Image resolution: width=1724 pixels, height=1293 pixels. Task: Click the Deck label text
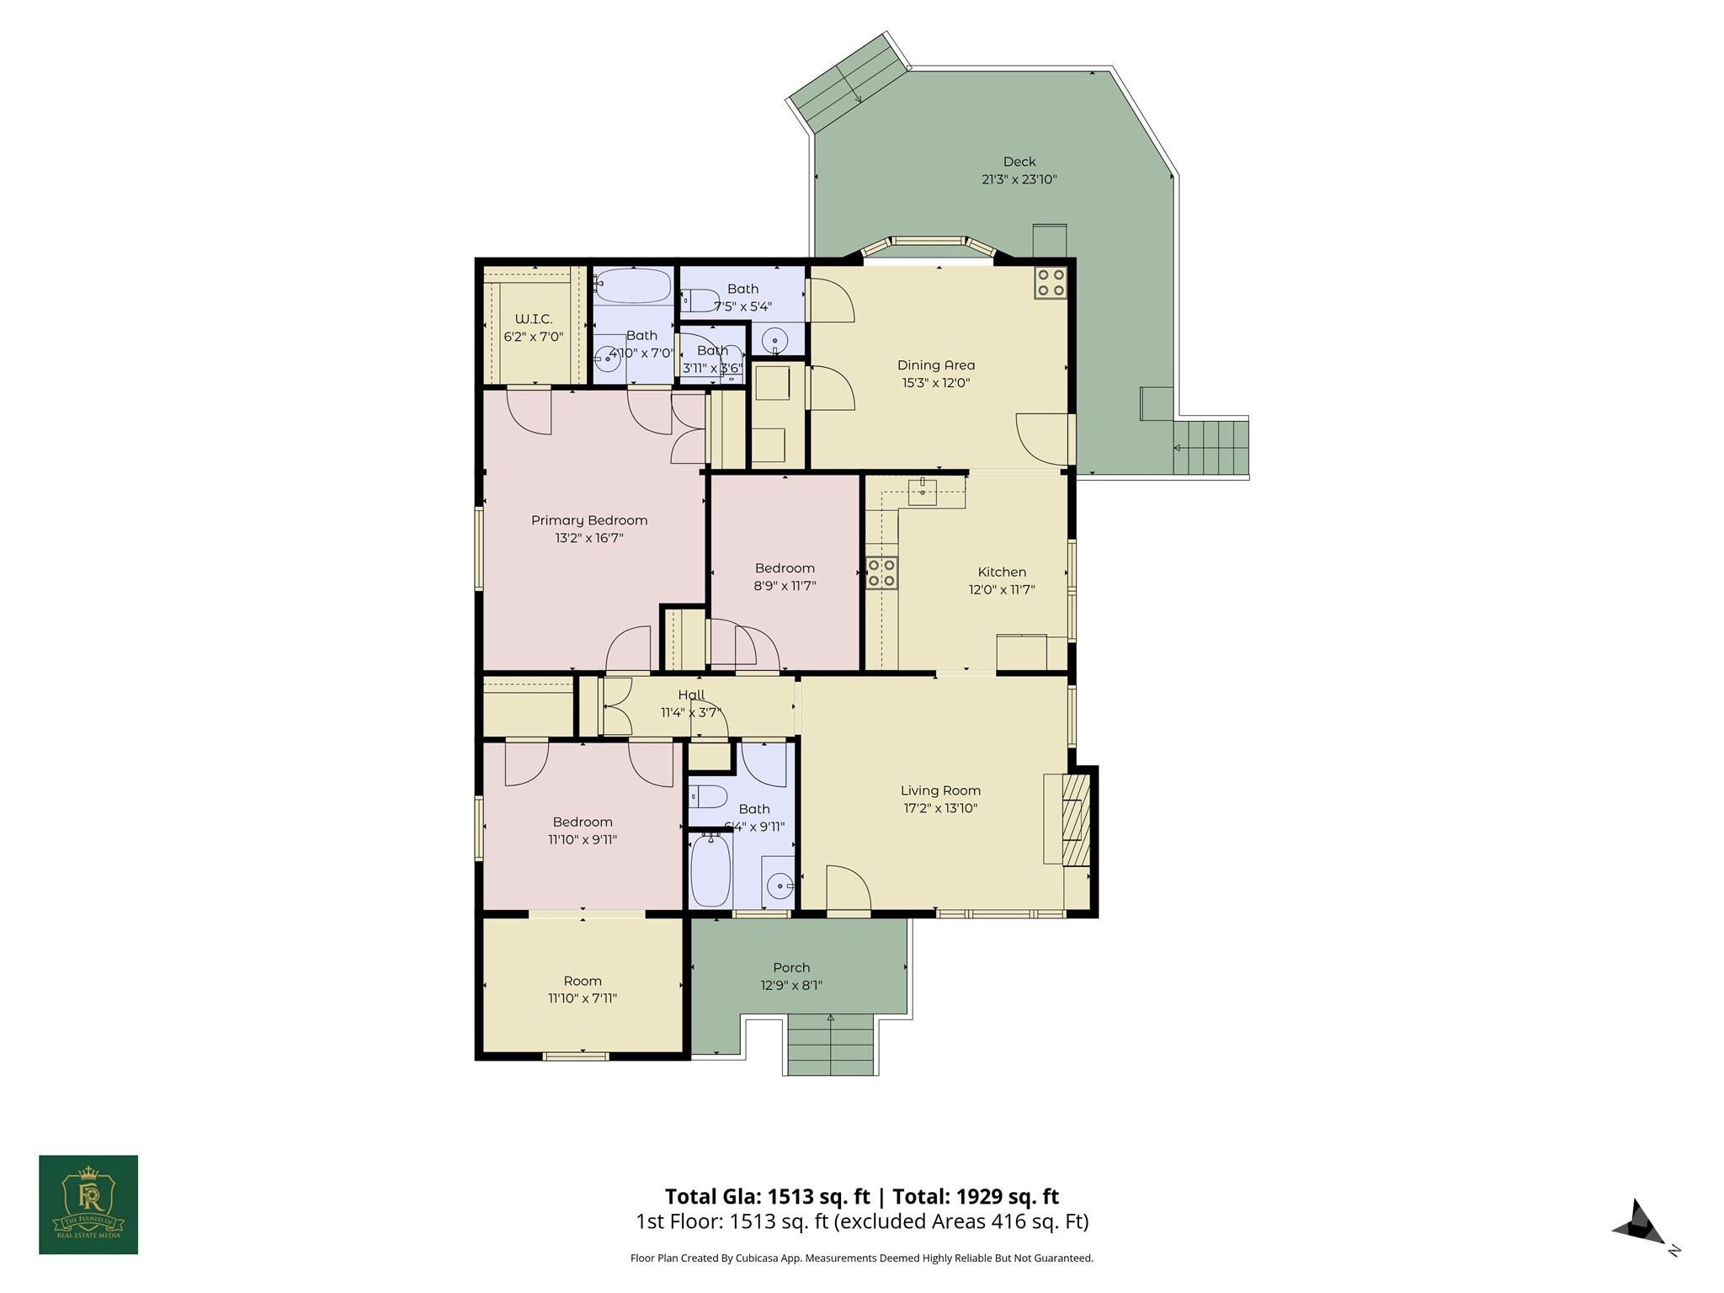pos(1019,162)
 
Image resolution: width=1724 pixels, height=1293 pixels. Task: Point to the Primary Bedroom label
pos(589,520)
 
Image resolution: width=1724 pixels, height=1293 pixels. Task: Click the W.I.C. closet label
pos(534,319)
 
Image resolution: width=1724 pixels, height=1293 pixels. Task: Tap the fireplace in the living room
pos(1075,819)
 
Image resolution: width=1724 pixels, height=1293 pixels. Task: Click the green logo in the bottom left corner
pos(88,1205)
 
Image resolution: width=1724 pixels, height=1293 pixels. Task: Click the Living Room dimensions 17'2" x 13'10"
pos(939,808)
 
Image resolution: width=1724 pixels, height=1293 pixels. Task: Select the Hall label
pos(691,694)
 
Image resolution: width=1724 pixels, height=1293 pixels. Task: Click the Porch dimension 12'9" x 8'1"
pos(791,985)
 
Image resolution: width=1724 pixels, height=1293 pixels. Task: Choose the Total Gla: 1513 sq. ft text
pos(767,1196)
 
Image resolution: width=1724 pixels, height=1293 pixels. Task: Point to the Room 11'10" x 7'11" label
pos(583,981)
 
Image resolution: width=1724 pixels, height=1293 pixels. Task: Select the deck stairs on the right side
pos(1211,447)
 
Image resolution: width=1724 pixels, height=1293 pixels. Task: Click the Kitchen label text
pos(1002,572)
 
